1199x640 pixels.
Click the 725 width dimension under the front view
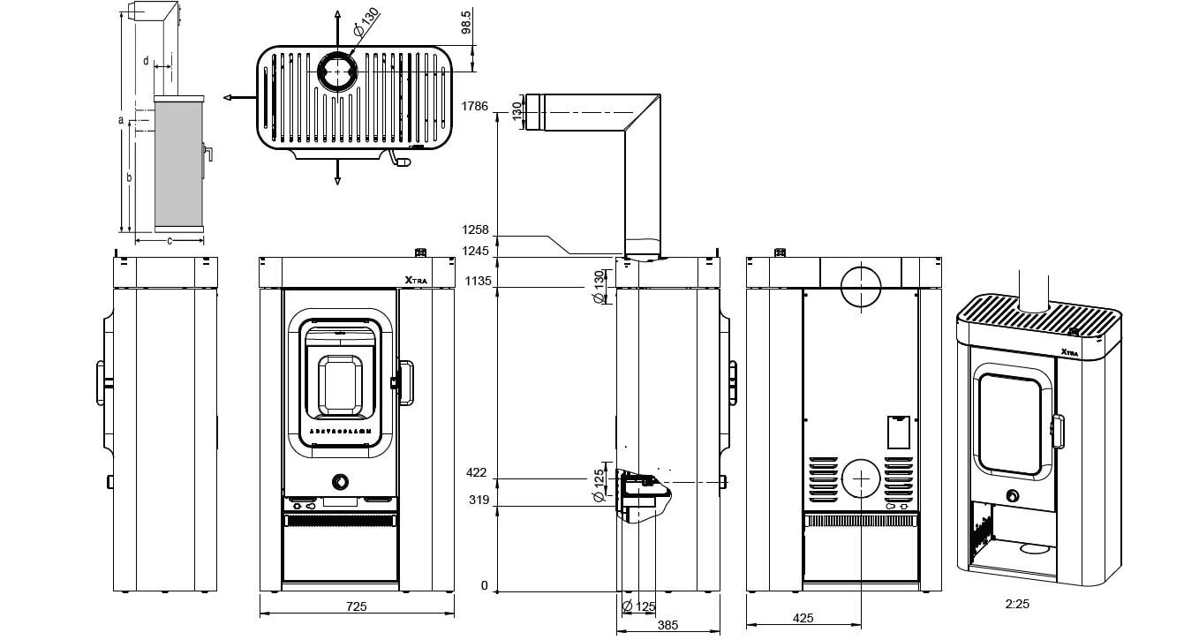click(356, 607)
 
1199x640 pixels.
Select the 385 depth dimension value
click(668, 625)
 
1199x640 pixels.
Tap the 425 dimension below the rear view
click(803, 619)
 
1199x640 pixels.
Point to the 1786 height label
click(474, 106)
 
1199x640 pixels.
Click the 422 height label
click(477, 473)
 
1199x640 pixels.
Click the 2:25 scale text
click(1017, 605)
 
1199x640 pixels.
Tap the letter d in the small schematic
click(145, 60)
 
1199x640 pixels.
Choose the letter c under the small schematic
click(169, 239)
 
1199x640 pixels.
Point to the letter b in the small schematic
click(129, 177)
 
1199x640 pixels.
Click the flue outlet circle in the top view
click(336, 72)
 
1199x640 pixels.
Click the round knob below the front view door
click(339, 481)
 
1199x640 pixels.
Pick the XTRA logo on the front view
click(416, 281)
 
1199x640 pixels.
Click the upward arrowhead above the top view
click(336, 16)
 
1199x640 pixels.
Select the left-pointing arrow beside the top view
click(228, 98)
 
